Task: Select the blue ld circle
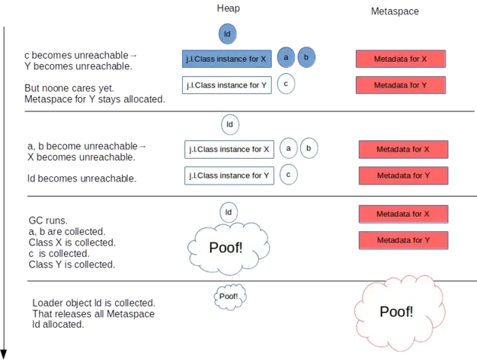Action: click(x=227, y=34)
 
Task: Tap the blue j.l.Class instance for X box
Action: click(x=226, y=59)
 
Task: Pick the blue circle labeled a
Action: click(x=286, y=58)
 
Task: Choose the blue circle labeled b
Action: click(x=306, y=58)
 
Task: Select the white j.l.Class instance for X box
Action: click(x=228, y=149)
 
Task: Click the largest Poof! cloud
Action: click(x=396, y=311)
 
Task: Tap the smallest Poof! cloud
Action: click(x=229, y=296)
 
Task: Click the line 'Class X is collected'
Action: click(x=70, y=243)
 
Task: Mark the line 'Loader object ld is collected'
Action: click(x=94, y=303)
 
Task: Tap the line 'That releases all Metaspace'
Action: click(x=94, y=314)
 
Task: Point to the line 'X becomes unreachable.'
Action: click(x=82, y=157)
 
